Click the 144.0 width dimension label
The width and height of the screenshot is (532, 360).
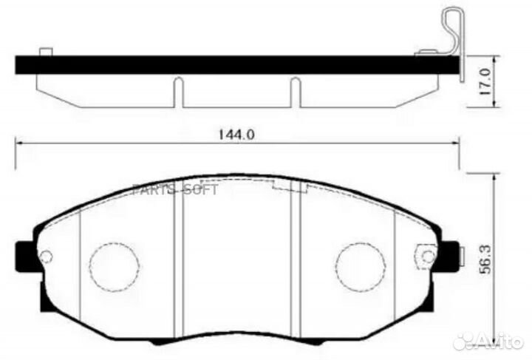click(x=236, y=135)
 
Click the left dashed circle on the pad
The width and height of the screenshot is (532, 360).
click(x=114, y=267)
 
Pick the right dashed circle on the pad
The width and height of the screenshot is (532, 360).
click(x=361, y=267)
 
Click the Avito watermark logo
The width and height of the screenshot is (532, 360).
click(x=488, y=341)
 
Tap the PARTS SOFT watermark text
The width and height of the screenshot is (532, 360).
click(x=175, y=189)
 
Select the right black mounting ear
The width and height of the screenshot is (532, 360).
click(x=449, y=257)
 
